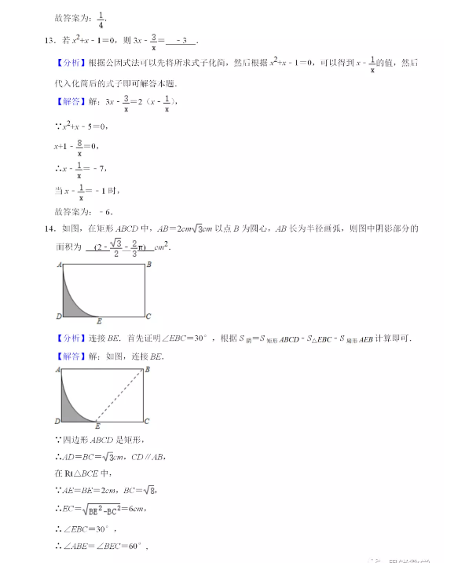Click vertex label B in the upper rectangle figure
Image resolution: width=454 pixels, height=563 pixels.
pyautogui.click(x=148, y=265)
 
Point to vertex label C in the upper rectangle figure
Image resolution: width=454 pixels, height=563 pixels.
pyautogui.click(x=148, y=316)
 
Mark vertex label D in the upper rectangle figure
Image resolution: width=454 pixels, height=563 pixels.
pyautogui.click(x=59, y=316)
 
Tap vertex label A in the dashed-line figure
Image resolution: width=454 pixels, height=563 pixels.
pyautogui.click(x=59, y=368)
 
